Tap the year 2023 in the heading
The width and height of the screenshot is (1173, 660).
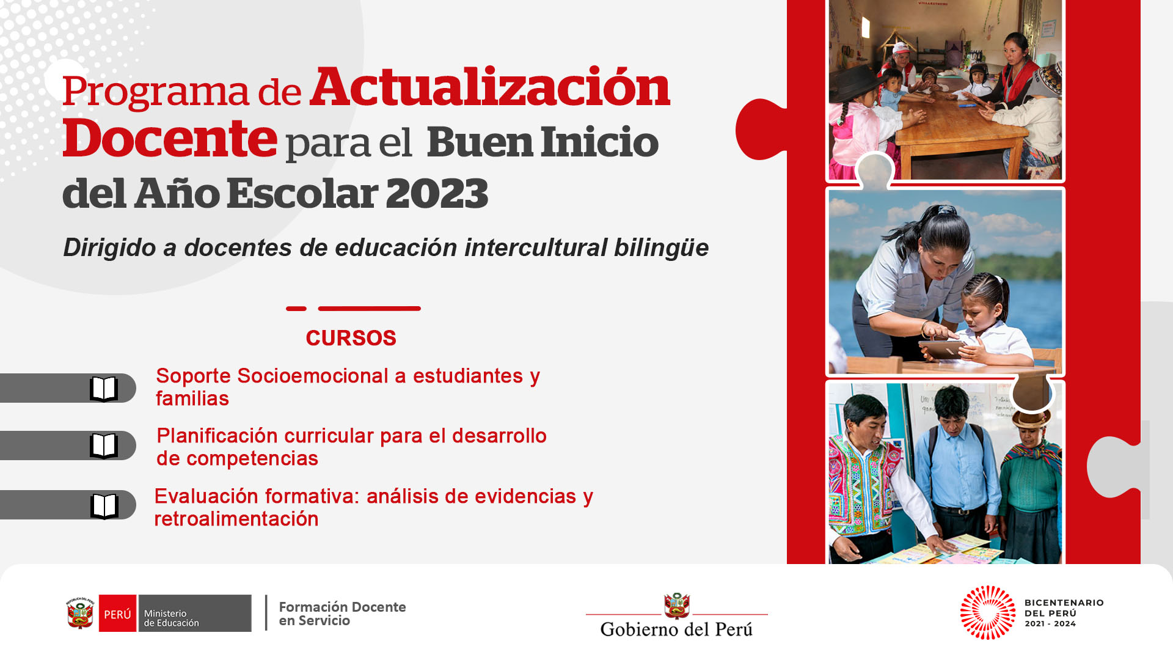(437, 193)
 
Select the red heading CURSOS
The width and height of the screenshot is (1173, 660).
(351, 338)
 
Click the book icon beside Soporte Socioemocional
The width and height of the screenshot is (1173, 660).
(104, 389)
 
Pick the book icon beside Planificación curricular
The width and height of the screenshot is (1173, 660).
(104, 446)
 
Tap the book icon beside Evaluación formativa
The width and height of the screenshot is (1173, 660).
(104, 505)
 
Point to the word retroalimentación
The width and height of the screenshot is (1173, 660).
(236, 519)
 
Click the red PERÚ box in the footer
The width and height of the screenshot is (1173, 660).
(117, 614)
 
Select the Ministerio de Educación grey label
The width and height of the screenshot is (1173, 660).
(194, 614)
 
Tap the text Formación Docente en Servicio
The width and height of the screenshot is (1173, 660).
(342, 614)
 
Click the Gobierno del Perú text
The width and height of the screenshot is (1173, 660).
(676, 629)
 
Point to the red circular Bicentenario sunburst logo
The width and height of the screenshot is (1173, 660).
(988, 613)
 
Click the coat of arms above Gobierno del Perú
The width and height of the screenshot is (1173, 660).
(677, 606)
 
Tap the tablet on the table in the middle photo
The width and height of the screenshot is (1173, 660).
(942, 350)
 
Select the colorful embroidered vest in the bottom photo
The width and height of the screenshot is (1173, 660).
(864, 490)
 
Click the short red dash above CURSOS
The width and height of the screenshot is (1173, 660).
(296, 309)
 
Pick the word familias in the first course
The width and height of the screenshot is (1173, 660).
(192, 398)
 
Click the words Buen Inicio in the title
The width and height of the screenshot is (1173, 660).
(543, 142)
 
